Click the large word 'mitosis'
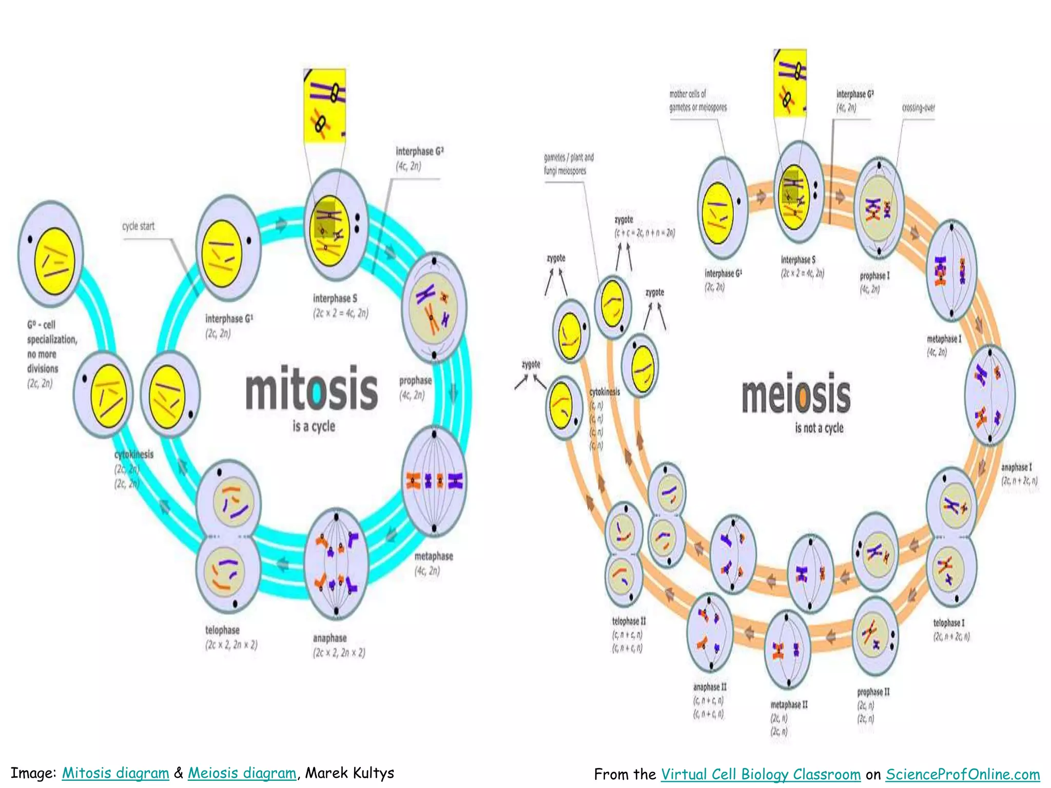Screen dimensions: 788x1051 (x=312, y=388)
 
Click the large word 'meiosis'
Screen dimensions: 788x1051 (x=795, y=395)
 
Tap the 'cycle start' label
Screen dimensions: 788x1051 (x=138, y=226)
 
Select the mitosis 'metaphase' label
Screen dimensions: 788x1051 (x=434, y=556)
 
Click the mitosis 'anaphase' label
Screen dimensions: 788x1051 (x=329, y=638)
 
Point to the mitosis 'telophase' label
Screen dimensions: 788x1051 (x=222, y=630)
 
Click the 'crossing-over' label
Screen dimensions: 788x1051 (x=918, y=108)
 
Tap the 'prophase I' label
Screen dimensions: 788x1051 (x=874, y=276)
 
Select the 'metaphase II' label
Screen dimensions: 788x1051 (x=789, y=705)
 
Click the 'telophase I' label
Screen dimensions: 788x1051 (x=948, y=623)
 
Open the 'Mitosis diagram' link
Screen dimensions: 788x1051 (x=115, y=773)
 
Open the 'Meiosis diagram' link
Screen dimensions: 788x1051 (x=242, y=773)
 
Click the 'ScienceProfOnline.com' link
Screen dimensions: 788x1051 (x=963, y=774)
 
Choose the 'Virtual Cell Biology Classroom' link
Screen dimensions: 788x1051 (x=761, y=774)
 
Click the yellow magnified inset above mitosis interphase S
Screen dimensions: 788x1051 (x=324, y=106)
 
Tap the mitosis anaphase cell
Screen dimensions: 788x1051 (x=336, y=563)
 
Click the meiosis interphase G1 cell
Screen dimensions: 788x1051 (x=722, y=208)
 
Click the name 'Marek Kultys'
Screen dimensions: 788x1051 (x=349, y=773)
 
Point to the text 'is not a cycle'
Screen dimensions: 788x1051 (x=819, y=428)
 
